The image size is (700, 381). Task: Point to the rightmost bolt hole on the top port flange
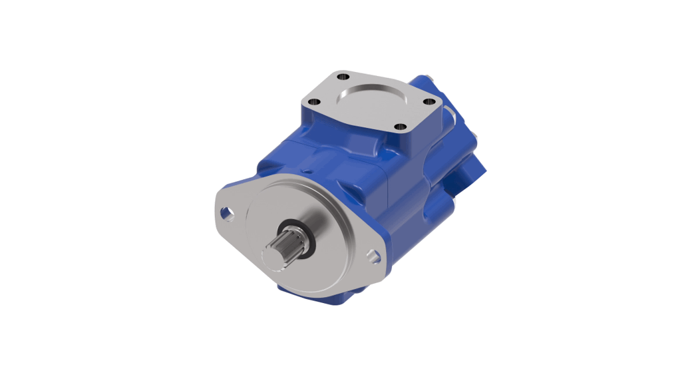[430, 103]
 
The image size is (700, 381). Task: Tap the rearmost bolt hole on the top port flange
[344, 75]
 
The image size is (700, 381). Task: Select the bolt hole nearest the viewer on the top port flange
[399, 127]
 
